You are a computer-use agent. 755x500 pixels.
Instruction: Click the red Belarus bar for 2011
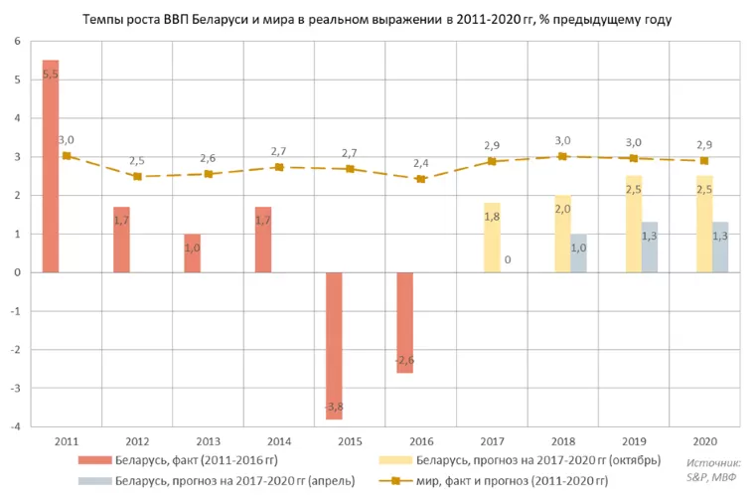click(x=51, y=166)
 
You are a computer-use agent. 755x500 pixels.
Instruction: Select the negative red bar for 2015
click(x=334, y=346)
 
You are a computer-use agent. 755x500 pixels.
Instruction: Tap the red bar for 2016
click(x=405, y=323)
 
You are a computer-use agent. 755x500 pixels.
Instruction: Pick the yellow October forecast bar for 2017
click(x=492, y=238)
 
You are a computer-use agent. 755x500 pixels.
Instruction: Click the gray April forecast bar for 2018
click(x=579, y=253)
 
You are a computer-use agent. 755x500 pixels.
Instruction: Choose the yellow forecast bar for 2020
click(x=704, y=224)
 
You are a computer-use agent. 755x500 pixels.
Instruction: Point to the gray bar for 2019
click(x=650, y=248)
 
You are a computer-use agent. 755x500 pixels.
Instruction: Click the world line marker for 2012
click(x=137, y=176)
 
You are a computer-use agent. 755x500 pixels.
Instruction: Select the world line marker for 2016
click(x=421, y=179)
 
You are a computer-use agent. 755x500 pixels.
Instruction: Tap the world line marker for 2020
click(x=704, y=160)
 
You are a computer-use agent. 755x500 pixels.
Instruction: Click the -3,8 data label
click(x=334, y=407)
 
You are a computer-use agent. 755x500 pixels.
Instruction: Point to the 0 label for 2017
click(x=508, y=259)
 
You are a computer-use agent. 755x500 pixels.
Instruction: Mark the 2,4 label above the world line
click(x=421, y=163)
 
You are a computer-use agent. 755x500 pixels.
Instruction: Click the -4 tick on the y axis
click(x=16, y=426)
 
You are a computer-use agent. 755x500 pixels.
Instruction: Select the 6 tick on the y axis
click(x=18, y=42)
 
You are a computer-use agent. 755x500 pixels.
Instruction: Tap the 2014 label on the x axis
click(x=279, y=441)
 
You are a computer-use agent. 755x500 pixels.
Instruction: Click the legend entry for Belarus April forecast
click(x=217, y=481)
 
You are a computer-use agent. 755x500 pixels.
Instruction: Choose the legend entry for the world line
click(x=494, y=481)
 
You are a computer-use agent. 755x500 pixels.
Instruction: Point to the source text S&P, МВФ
click(x=711, y=477)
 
